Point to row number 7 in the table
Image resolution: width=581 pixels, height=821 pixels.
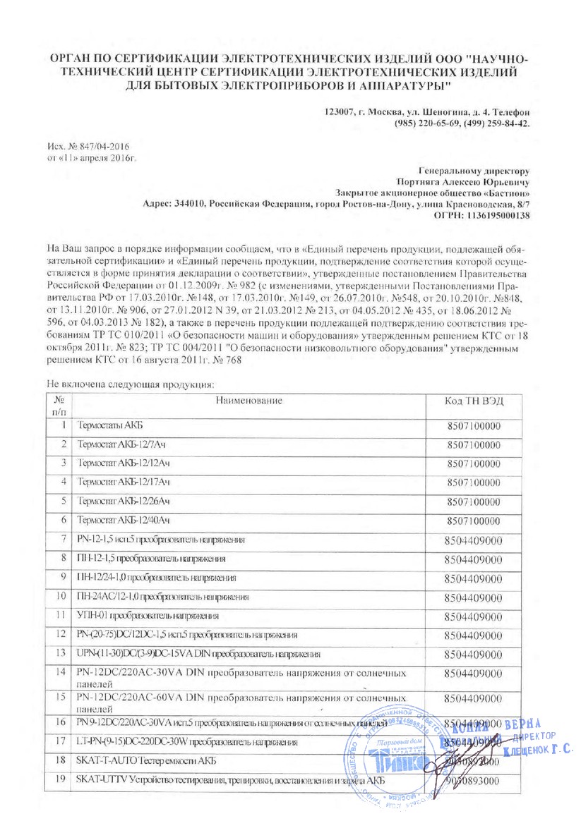(x=64, y=540)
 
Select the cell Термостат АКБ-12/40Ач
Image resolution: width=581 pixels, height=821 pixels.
(x=124, y=521)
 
